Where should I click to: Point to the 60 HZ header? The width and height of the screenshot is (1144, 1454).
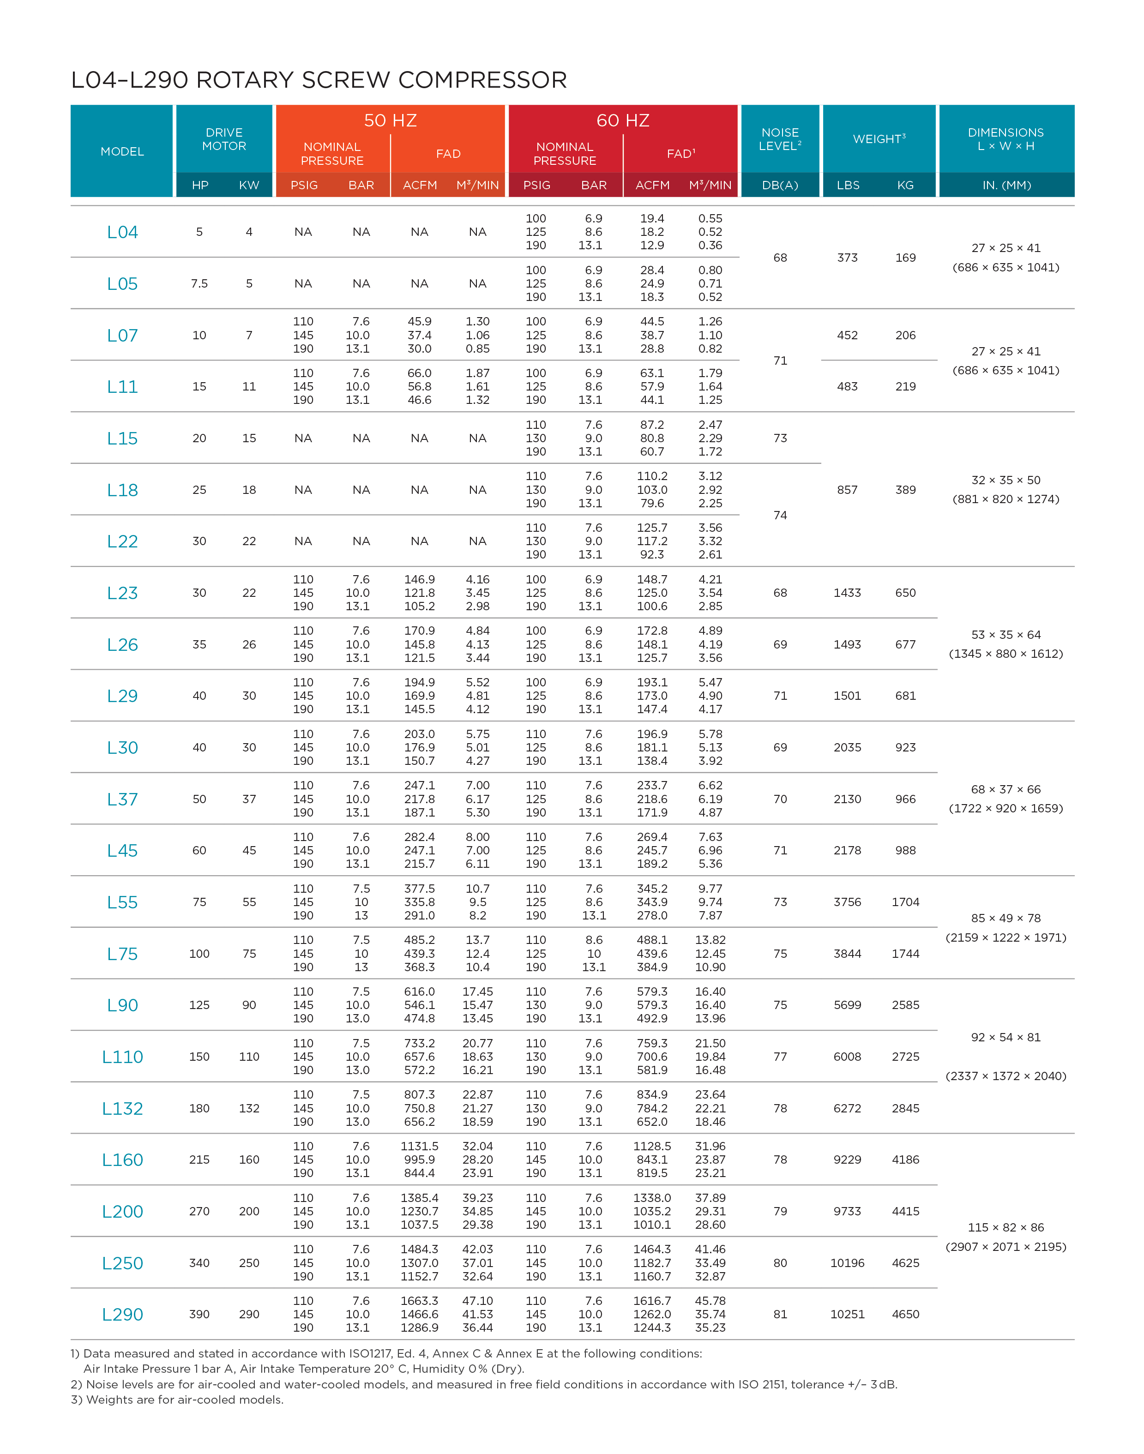coord(623,120)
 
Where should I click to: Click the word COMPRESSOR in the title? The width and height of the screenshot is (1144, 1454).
coord(482,80)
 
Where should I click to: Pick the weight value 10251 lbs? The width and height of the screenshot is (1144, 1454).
coord(847,1314)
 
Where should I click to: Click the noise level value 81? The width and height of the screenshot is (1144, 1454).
coord(780,1314)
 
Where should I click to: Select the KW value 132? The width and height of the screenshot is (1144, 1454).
coord(249,1108)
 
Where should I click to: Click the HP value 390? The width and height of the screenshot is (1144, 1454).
coord(199,1314)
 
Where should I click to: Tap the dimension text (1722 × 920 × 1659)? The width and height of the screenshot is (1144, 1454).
coord(1006,808)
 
